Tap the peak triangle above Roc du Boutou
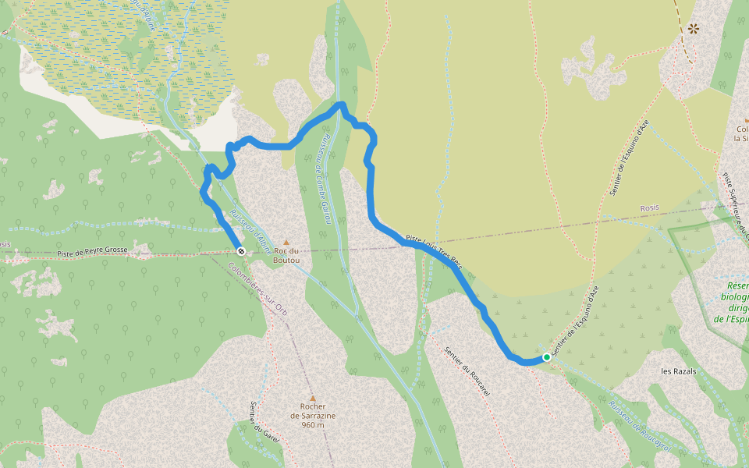[x=286, y=243]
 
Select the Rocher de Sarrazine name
[x=312, y=410]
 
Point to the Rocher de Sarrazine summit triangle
[x=312, y=398]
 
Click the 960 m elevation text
[x=312, y=425]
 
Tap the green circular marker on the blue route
[x=546, y=356]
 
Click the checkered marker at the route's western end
[x=242, y=251]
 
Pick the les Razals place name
[x=678, y=371]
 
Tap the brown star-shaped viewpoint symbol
[x=693, y=30]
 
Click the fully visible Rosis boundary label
[x=649, y=207]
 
